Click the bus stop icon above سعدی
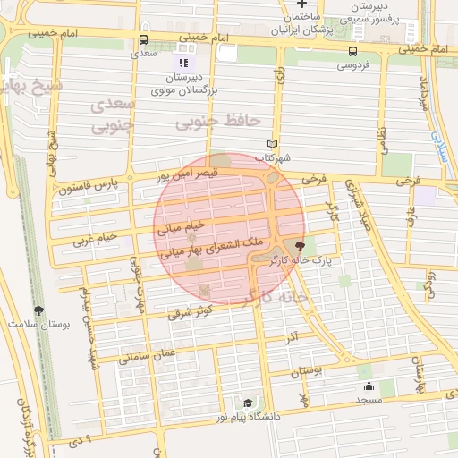(x=144, y=39)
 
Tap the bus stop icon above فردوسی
(x=352, y=51)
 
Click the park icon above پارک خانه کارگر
(x=299, y=245)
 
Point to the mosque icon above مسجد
(x=369, y=386)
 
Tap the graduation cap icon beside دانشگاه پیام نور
(x=247, y=403)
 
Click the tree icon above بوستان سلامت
(x=38, y=310)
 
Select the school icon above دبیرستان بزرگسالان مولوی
(x=183, y=64)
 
